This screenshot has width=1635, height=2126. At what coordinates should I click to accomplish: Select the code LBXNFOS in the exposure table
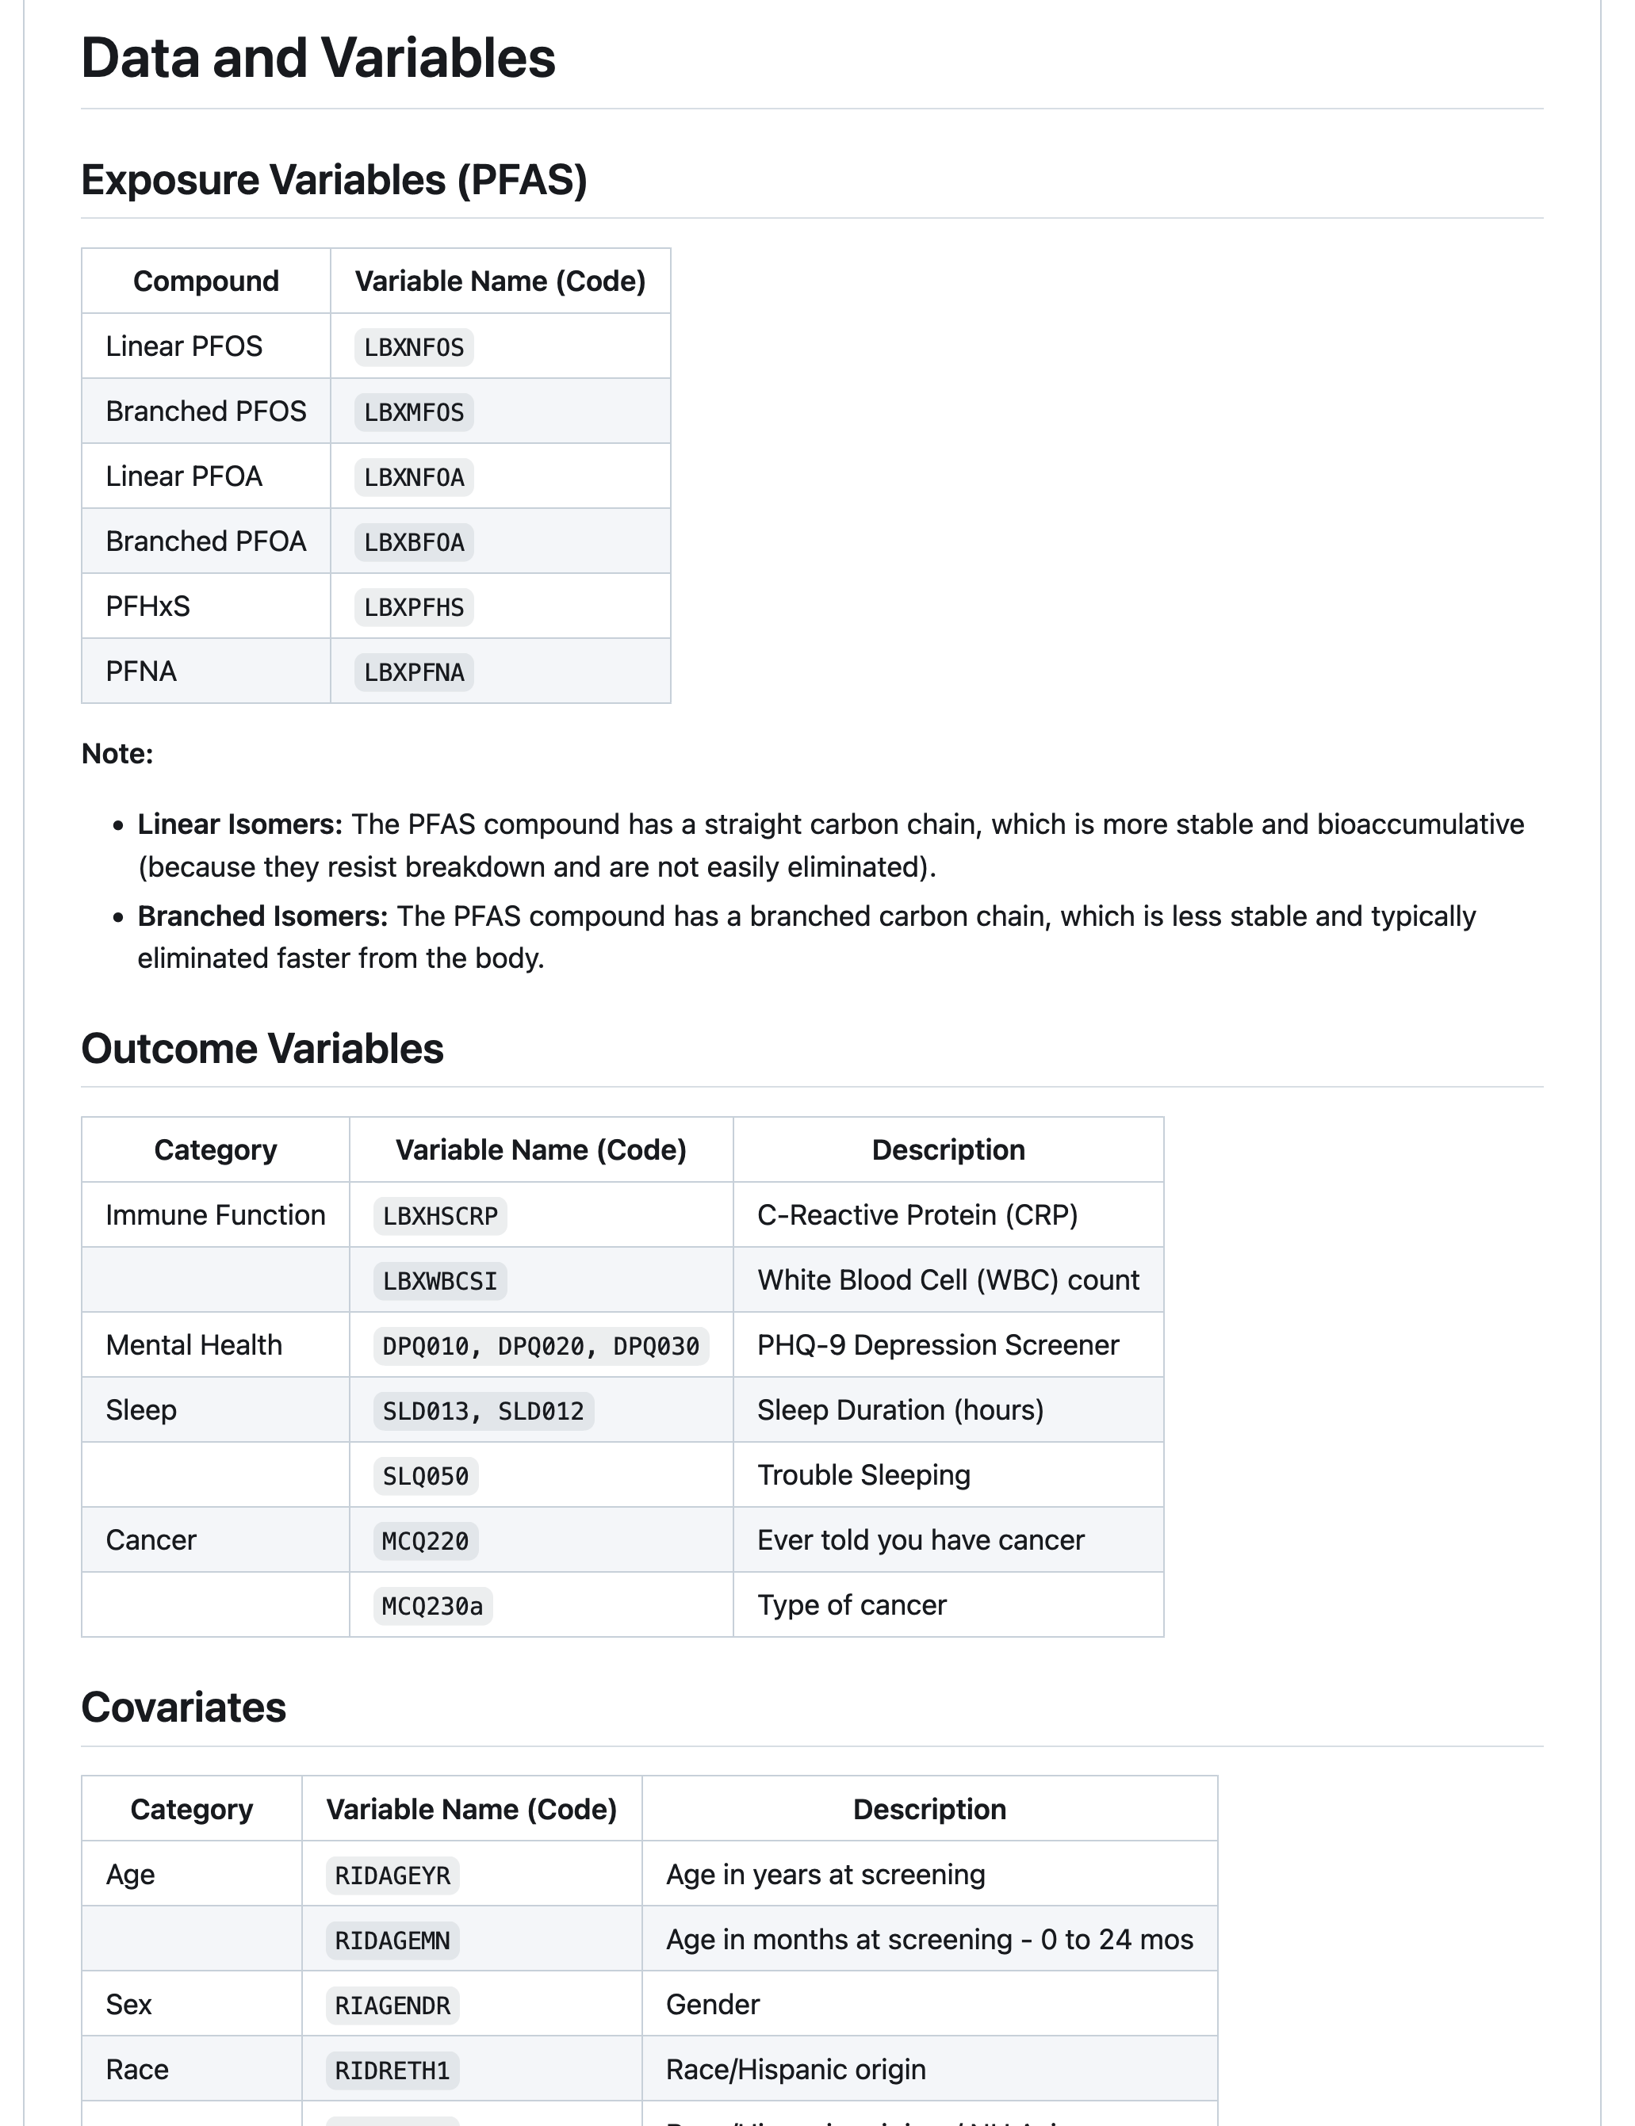coord(414,347)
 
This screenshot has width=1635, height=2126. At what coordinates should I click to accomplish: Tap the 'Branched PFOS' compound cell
coord(206,411)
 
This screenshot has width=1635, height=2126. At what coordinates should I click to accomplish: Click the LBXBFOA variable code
coord(414,542)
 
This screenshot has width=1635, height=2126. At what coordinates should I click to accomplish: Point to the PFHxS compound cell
coord(148,607)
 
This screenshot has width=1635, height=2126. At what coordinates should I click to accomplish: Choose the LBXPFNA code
coord(414,672)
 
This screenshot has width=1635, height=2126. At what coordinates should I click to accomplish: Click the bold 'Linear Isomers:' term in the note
coord(239,824)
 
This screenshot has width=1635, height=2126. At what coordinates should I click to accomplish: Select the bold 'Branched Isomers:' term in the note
coord(262,916)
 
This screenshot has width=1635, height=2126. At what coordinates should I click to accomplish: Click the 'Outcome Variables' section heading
coord(262,1049)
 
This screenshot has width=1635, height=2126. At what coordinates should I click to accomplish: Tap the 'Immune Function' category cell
coord(215,1215)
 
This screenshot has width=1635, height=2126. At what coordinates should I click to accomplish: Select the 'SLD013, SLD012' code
coord(483,1411)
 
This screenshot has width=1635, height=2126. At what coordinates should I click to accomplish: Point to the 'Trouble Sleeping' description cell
coord(864,1475)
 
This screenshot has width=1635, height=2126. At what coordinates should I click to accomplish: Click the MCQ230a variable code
coord(432,1607)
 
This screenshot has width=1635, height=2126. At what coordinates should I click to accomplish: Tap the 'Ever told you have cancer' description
coord(921,1540)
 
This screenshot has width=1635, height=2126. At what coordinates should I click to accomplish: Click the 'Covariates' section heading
coord(184,1707)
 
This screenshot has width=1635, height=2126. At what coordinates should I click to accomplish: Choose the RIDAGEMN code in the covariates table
coord(392,1941)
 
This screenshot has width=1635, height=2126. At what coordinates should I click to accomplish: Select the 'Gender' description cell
coord(712,2006)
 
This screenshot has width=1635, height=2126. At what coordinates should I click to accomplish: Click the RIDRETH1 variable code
coord(392,2071)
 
